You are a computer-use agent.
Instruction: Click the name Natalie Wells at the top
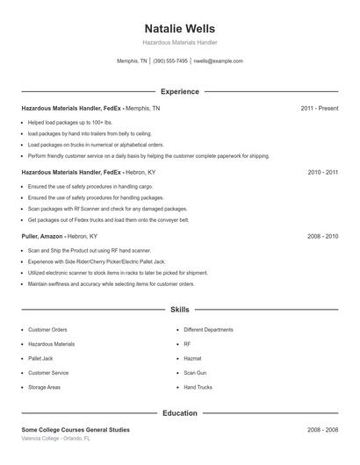tap(179, 28)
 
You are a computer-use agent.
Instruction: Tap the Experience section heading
tap(179, 91)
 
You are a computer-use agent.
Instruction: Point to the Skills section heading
tap(179, 310)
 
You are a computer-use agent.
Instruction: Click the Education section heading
tap(179, 412)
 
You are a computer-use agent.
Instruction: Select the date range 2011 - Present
tap(319, 108)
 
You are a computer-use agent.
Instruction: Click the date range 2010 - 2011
tap(322, 173)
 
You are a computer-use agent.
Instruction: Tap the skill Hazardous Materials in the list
tap(51, 344)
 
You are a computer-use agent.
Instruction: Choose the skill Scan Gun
tap(194, 372)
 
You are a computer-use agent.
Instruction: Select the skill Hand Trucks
tap(198, 387)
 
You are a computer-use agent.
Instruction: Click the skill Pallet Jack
tap(40, 358)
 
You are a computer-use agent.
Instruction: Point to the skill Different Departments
tap(208, 330)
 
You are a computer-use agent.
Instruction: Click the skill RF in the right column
tap(187, 344)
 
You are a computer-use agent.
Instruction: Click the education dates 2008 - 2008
tap(322, 430)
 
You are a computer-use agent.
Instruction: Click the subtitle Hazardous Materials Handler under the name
tap(179, 42)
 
